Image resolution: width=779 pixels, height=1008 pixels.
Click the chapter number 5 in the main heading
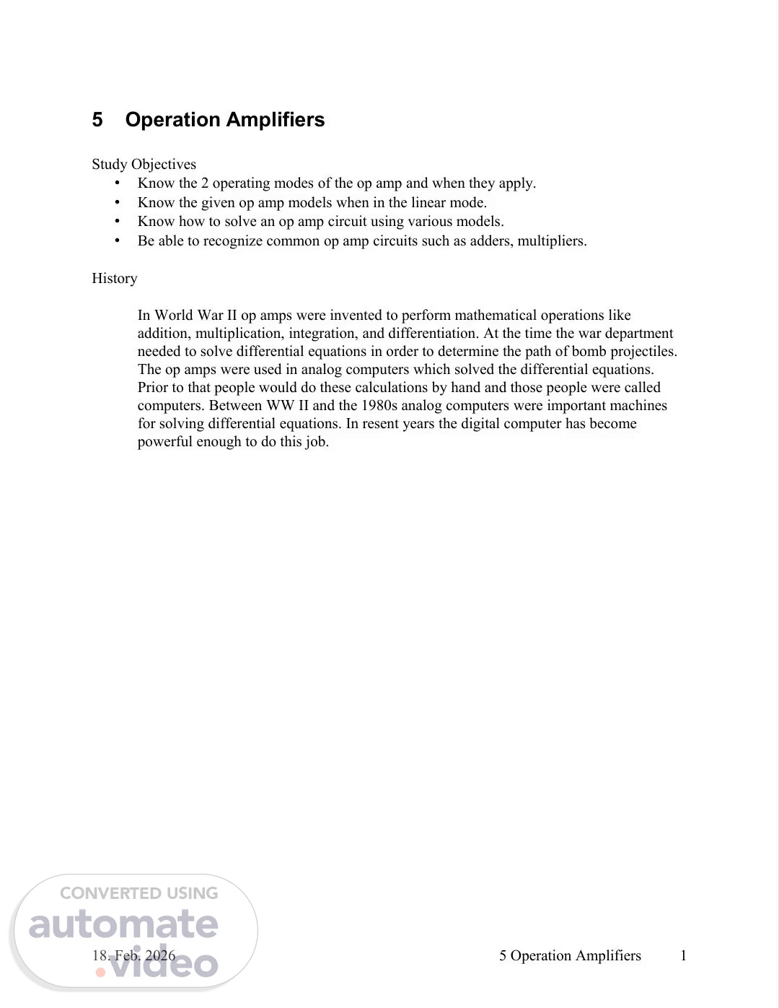(97, 120)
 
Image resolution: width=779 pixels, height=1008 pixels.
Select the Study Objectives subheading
(144, 165)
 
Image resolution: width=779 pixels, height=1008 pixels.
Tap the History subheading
(114, 279)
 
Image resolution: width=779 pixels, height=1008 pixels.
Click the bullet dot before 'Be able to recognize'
(118, 241)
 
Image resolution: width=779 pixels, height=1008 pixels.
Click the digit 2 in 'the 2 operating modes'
(205, 183)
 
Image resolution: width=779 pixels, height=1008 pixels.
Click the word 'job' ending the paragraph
(315, 442)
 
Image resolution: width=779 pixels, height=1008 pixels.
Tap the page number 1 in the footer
(683, 956)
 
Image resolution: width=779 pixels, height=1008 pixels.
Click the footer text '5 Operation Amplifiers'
(570, 956)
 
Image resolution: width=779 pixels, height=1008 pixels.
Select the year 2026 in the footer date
(160, 956)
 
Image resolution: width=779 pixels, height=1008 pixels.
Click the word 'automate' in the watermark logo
(123, 925)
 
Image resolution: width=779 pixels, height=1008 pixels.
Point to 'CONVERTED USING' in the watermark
(138, 893)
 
